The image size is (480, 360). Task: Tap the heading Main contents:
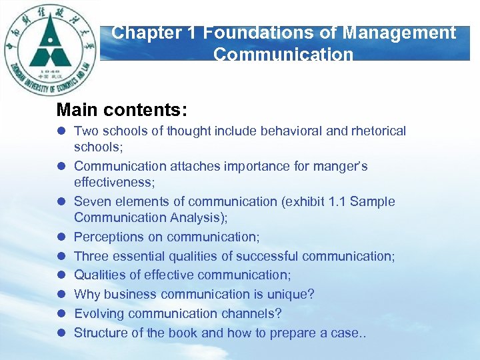(122, 109)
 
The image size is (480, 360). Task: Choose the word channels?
(255, 313)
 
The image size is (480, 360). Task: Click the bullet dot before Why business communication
(61, 295)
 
